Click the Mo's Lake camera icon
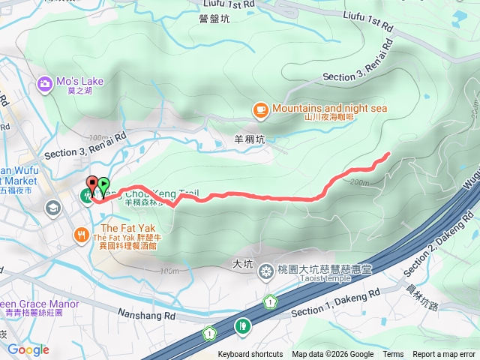click(45, 83)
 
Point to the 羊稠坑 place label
click(250, 139)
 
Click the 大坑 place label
click(243, 264)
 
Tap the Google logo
click(28, 349)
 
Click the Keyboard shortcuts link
click(250, 355)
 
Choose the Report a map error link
click(444, 355)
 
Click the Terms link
click(393, 355)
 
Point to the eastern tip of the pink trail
click(388, 154)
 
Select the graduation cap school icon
click(55, 207)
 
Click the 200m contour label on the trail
click(360, 181)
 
